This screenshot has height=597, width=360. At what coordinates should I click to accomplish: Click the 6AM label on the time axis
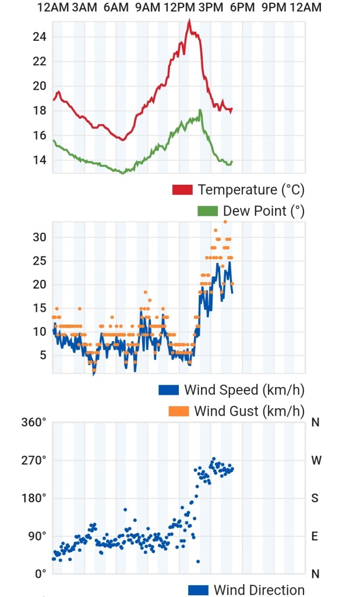tap(116, 7)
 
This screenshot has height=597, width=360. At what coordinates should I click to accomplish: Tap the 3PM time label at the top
tap(210, 7)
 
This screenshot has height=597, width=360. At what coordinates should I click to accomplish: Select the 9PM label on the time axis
tap(274, 7)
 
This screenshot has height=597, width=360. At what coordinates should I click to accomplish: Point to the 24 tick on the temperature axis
tap(39, 37)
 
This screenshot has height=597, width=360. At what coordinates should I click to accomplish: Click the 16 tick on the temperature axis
tap(39, 135)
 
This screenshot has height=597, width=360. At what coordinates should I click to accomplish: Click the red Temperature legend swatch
tap(182, 189)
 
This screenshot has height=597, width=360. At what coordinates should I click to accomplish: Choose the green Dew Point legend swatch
tap(208, 211)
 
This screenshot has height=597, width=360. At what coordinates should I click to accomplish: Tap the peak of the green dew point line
tap(200, 110)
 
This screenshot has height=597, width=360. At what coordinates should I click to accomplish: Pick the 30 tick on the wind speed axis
tap(39, 237)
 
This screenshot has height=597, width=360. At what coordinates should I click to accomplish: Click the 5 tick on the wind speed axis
tap(43, 355)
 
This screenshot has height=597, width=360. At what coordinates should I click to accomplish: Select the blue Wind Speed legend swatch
tap(168, 389)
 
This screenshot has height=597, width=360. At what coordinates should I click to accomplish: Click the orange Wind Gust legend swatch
tap(179, 411)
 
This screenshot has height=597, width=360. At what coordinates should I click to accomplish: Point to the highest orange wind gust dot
tap(225, 222)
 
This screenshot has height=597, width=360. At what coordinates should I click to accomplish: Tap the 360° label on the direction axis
tap(34, 422)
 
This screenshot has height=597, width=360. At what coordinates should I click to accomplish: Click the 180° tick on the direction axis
tap(34, 498)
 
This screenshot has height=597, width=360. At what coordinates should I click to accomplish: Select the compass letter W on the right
tap(316, 461)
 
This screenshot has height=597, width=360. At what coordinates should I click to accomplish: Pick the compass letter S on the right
tap(315, 498)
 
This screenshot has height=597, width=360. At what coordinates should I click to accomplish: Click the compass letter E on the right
tap(315, 536)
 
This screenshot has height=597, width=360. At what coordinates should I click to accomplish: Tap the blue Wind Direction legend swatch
tap(198, 590)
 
